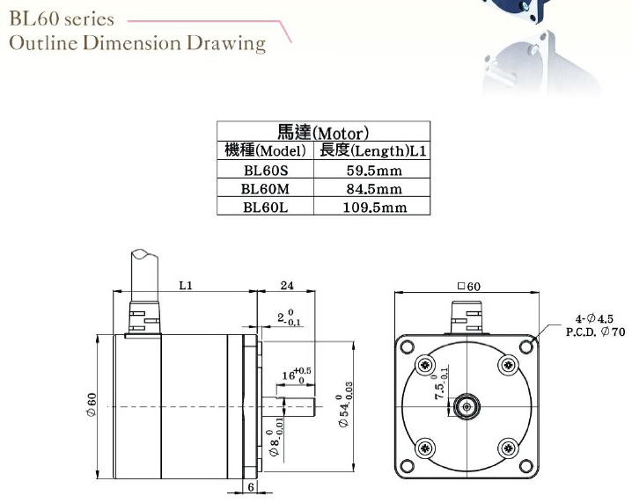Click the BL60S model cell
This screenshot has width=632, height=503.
(265, 170)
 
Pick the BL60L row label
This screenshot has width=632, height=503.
(265, 208)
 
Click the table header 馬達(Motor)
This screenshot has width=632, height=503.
(323, 132)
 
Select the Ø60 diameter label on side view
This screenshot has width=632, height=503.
(91, 405)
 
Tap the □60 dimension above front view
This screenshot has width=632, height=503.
(468, 286)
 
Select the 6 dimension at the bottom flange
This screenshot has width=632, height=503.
(251, 486)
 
